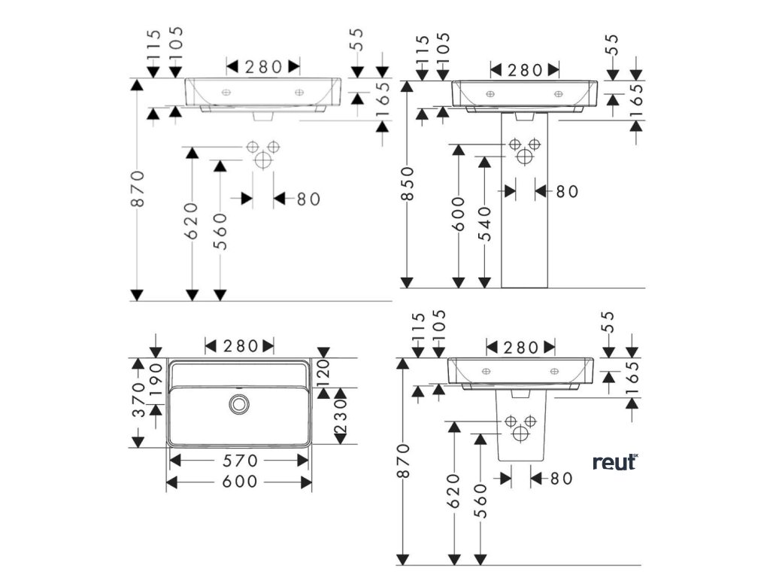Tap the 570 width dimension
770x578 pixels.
[238, 460]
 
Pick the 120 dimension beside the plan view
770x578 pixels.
[324, 373]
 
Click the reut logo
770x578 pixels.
[614, 462]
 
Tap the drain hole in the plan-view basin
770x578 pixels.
[239, 403]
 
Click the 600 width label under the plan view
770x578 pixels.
[238, 481]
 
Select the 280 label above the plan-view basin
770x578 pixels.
[239, 346]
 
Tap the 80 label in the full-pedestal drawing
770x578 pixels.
[567, 191]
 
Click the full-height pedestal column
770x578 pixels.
[524, 226]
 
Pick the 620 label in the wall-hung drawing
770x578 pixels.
[192, 221]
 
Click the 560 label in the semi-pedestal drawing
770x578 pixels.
[481, 500]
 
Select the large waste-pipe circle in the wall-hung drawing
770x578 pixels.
[262, 160]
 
